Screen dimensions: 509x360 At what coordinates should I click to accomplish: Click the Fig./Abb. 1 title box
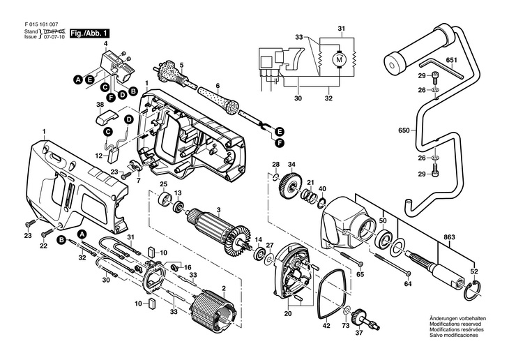point(90,33)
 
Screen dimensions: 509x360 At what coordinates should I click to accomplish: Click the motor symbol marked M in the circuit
point(339,60)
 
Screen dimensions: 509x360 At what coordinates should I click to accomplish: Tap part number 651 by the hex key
point(451,60)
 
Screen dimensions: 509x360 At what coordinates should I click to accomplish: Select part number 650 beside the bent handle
point(404,130)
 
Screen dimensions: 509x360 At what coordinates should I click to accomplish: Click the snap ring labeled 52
point(471,290)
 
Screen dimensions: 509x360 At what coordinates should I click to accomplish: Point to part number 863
point(450,237)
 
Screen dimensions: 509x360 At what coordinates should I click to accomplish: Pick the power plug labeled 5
point(170,74)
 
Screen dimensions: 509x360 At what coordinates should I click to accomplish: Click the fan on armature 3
point(240,240)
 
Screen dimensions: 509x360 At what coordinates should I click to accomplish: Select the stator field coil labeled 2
point(213,311)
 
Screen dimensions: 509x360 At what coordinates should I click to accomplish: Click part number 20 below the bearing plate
point(288,313)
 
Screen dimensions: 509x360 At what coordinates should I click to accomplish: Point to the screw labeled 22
point(47,233)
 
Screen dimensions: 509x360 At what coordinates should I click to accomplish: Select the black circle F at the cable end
point(278,142)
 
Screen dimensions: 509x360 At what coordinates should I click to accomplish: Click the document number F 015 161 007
point(41,24)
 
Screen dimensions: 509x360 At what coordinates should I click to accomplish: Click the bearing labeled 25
point(165,199)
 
